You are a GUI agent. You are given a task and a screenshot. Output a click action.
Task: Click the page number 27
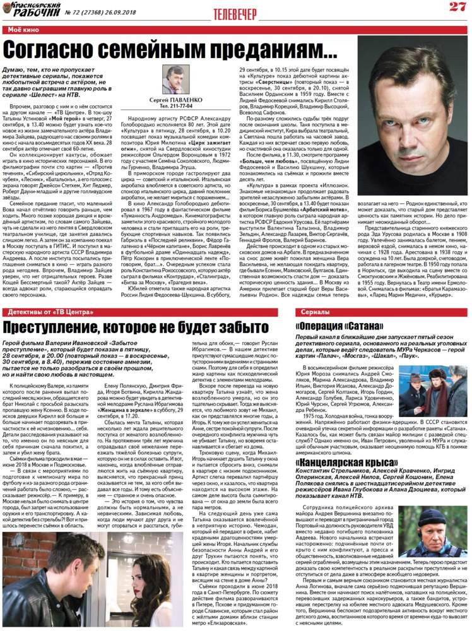coord(456,7)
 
